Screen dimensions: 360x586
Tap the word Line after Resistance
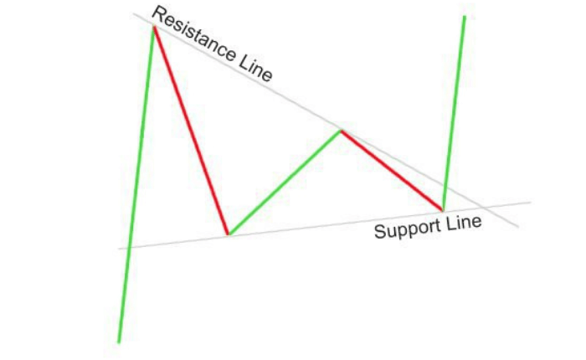[x=256, y=70]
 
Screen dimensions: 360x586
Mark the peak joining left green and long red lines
[x=153, y=27]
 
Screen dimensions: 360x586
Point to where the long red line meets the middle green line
[x=228, y=234]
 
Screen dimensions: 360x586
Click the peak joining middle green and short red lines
[x=341, y=130]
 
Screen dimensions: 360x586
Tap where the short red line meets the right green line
[x=443, y=209]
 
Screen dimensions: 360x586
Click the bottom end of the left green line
[x=119, y=342]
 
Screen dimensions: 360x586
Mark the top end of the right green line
[x=464, y=16]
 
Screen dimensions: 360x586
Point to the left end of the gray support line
[x=119, y=248]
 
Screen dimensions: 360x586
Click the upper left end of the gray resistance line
[x=132, y=14]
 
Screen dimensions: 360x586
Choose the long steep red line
[x=191, y=131]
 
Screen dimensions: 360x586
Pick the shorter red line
[x=392, y=169]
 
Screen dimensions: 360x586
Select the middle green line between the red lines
[x=285, y=182]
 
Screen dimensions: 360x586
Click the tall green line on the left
[x=136, y=184]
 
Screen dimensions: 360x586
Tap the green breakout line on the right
[x=454, y=113]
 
